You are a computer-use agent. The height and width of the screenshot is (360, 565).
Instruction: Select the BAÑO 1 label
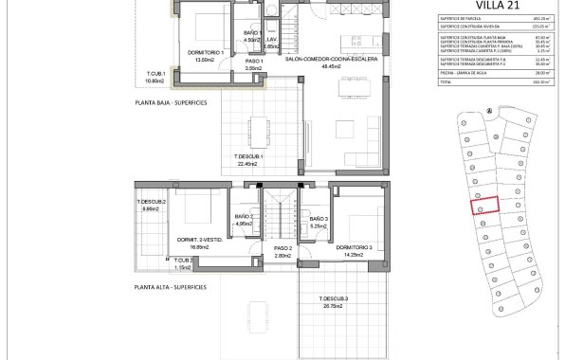coord(252,34)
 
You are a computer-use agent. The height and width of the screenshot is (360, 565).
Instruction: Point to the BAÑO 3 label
coord(319,219)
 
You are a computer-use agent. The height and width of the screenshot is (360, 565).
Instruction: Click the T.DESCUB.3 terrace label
coord(333,299)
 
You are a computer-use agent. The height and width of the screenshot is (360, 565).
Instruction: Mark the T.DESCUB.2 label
coord(152,202)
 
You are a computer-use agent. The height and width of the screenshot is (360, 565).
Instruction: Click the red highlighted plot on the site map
coord(485,205)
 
